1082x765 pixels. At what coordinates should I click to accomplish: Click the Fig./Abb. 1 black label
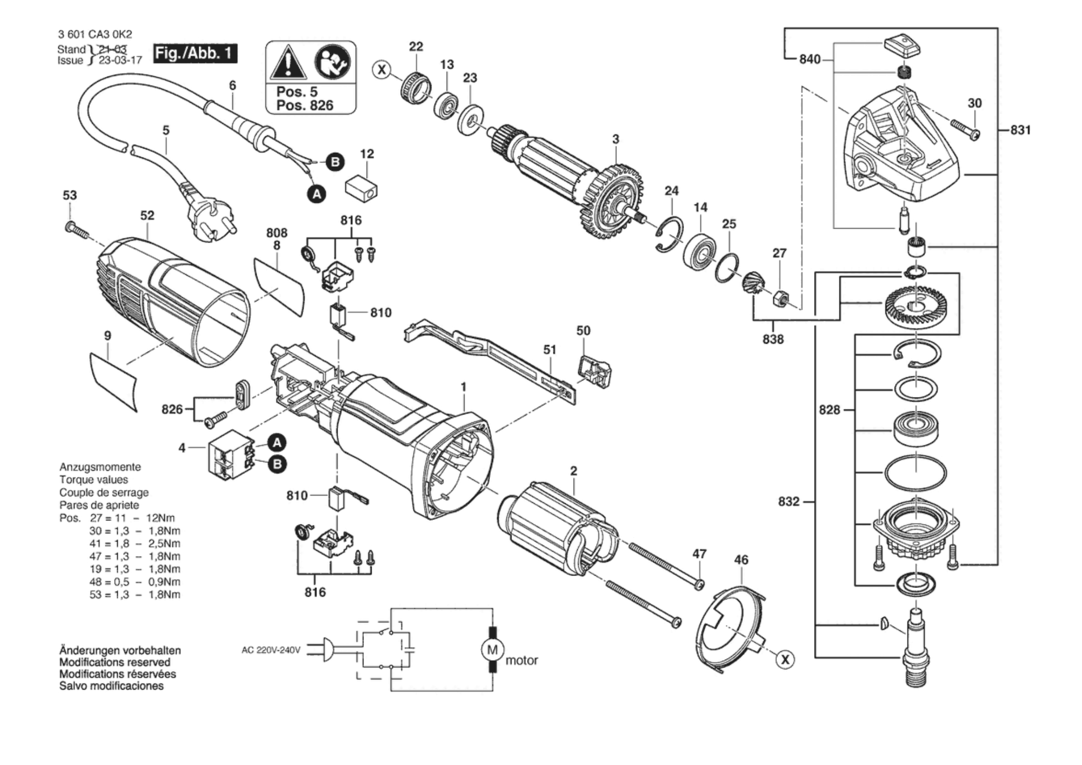coord(195,53)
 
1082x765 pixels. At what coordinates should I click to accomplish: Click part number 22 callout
coord(416,46)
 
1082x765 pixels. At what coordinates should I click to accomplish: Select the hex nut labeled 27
coord(779,298)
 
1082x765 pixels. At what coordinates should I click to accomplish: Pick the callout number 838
coord(773,339)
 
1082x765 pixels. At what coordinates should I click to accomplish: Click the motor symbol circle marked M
coord(492,649)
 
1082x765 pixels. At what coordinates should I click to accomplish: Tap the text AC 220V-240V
coord(270,650)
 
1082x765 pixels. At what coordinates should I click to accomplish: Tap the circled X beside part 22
coord(382,70)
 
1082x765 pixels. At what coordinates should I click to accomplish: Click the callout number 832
coord(788,501)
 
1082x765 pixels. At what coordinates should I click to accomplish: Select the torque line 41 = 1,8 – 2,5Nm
coord(135,544)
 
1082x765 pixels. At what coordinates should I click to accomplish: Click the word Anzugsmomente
coord(100,467)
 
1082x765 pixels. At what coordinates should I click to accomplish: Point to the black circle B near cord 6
coord(335,162)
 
